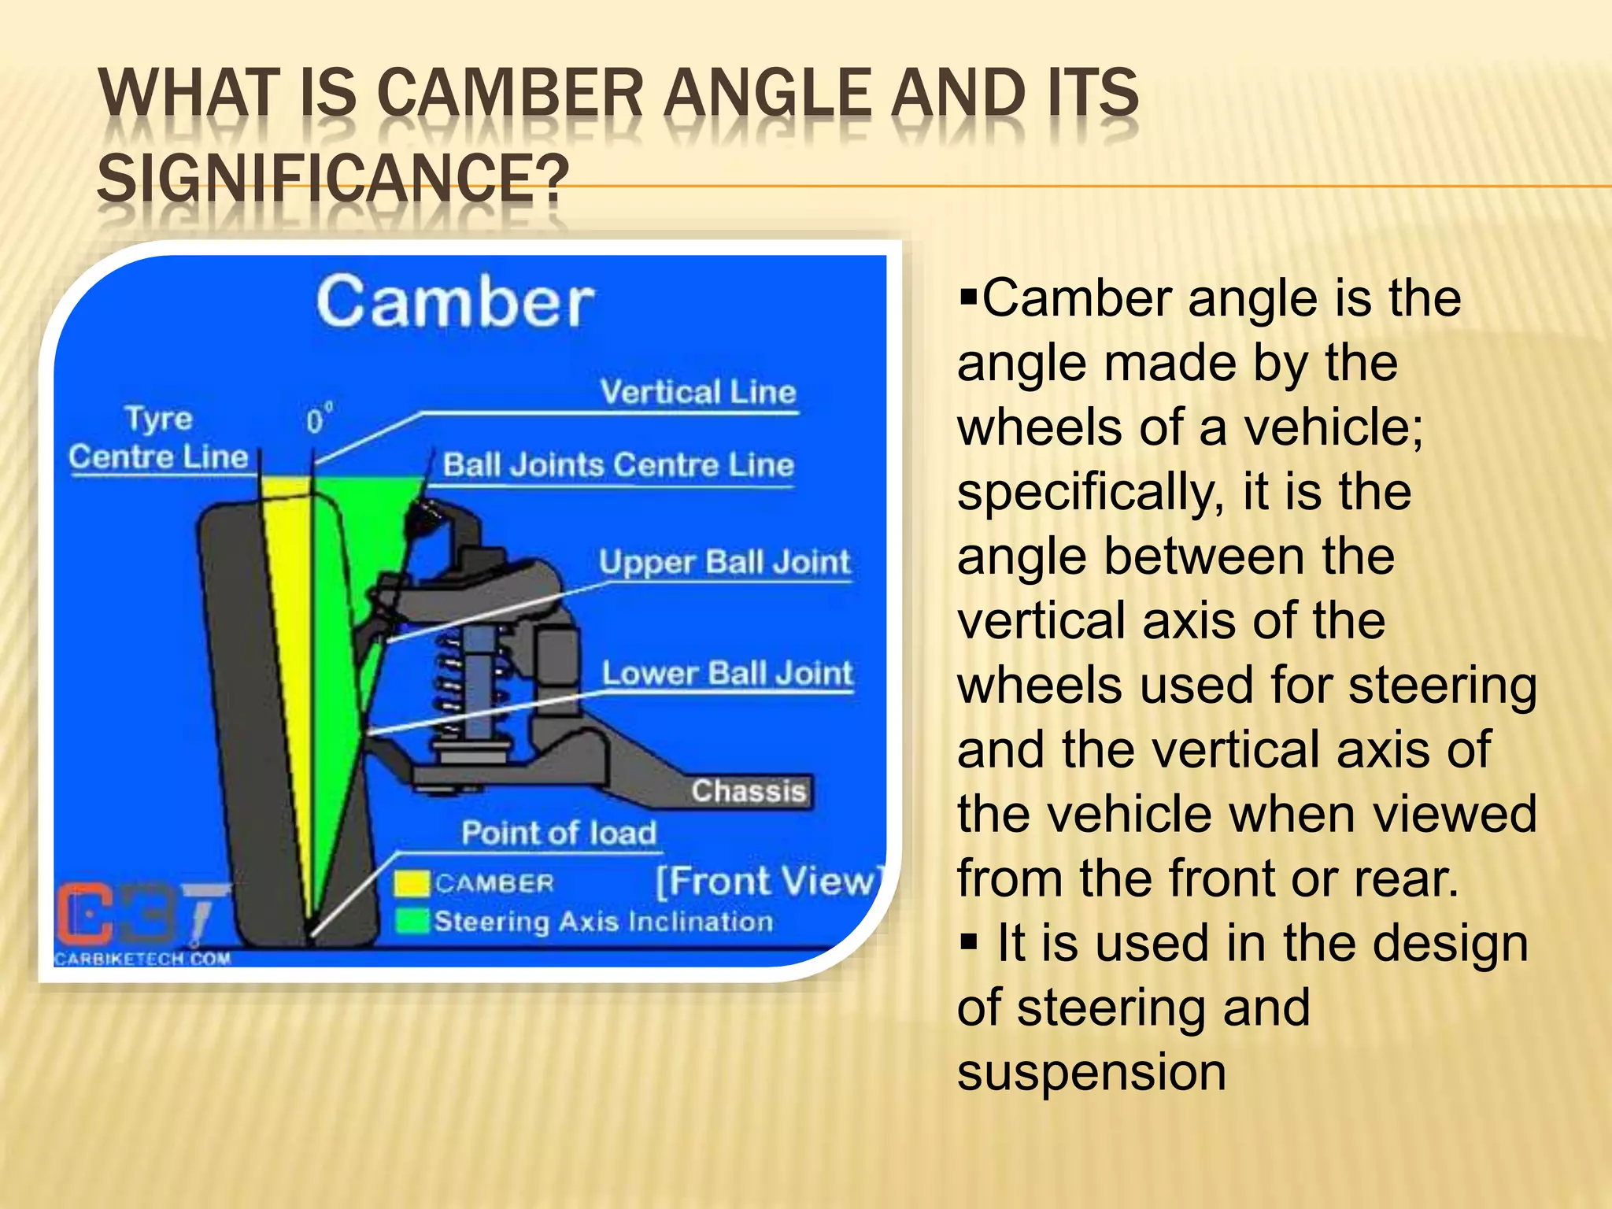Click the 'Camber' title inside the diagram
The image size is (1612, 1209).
coord(455,302)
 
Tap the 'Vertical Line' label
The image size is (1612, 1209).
coord(697,392)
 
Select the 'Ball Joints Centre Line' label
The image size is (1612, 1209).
coord(618,465)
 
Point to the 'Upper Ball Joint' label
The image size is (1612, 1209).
coord(724,563)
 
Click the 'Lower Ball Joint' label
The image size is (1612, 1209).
coord(727,674)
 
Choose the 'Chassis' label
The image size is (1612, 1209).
coord(749,791)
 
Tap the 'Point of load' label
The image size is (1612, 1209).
coord(558,834)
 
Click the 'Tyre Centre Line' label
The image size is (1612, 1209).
coord(158,438)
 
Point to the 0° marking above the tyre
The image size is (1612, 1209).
coord(317,420)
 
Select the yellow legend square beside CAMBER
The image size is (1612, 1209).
coord(411,884)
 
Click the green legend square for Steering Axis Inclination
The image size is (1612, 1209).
coord(411,921)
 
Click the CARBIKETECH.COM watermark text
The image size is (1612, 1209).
coord(142,959)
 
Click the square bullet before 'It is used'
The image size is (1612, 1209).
coord(968,941)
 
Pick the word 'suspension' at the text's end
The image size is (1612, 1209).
coord(1091,1073)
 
